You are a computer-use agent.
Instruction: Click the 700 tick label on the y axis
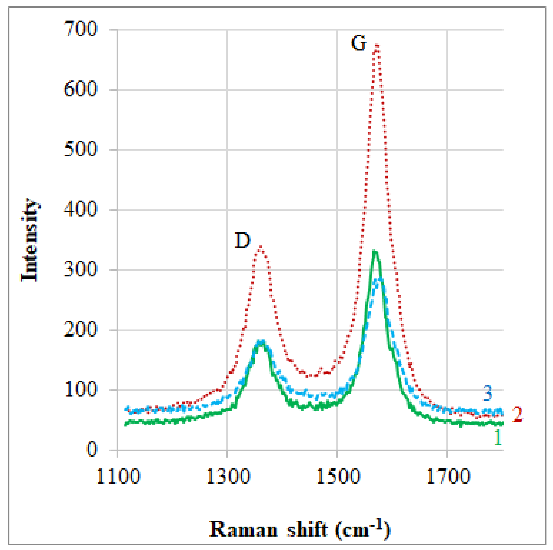click(80, 29)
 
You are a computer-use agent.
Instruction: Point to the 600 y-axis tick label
click(80, 89)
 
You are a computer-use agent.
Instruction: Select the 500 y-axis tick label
click(80, 149)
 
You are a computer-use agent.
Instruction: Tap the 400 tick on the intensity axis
click(80, 209)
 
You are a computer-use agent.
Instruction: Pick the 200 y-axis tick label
click(80, 329)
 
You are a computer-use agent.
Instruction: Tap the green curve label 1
click(498, 438)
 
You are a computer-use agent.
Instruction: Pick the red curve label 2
click(517, 414)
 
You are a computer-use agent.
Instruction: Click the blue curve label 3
click(488, 393)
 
